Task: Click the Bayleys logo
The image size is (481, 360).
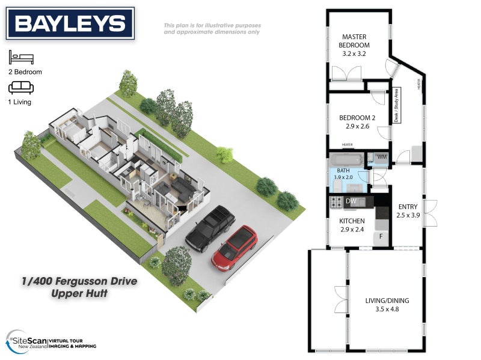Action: coord(70,23)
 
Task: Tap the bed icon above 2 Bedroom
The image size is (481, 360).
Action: coord(21,58)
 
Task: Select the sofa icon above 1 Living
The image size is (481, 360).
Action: coord(21,89)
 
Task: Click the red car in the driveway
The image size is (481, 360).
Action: coord(235,246)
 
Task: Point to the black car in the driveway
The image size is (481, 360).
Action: coord(210,229)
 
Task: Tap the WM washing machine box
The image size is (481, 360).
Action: coord(381,157)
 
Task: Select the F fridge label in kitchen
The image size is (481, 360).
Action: coord(381,237)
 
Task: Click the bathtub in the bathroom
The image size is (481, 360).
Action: coord(345,160)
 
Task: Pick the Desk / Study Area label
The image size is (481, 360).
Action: coord(396,106)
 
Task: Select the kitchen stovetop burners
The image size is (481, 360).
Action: coord(335,201)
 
